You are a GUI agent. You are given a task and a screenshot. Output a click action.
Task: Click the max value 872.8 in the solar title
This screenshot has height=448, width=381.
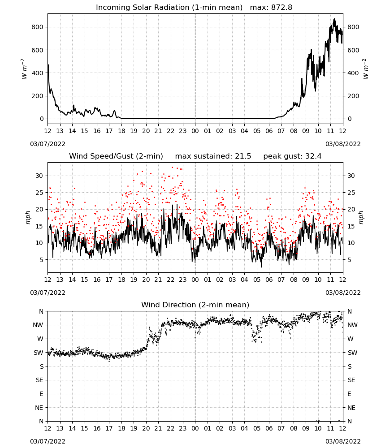click(x=281, y=8)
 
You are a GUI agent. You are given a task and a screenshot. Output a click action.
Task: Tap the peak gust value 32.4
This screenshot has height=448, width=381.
click(x=314, y=156)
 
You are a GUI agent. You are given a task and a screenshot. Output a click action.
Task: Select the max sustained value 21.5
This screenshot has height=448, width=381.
click(x=243, y=156)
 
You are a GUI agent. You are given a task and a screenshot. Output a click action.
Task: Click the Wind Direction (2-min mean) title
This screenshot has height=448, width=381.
click(x=195, y=305)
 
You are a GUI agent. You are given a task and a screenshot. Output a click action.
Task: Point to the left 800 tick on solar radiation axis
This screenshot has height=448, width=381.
click(x=38, y=27)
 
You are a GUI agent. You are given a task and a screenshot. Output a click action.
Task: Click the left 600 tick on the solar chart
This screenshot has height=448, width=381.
click(x=38, y=50)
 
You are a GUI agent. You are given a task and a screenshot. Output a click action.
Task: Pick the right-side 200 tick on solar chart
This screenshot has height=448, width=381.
click(x=353, y=96)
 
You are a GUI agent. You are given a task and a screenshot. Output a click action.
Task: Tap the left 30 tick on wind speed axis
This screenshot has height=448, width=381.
click(x=39, y=176)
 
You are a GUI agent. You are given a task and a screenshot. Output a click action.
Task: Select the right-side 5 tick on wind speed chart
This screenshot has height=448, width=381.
click(x=349, y=260)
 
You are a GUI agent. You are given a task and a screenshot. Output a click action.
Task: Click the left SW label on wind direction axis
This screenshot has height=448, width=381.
click(x=38, y=353)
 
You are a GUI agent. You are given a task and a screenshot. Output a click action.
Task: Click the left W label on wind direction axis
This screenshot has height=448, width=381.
click(x=40, y=339)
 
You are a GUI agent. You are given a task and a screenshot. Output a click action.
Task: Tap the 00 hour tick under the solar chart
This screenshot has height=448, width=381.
click(x=195, y=131)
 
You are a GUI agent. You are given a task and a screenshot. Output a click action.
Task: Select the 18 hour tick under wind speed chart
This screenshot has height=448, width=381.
click(x=121, y=280)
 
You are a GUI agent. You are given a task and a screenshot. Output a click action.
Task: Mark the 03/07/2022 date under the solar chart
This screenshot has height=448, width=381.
click(x=48, y=144)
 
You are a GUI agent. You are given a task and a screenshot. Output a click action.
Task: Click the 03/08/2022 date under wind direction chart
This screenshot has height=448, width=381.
click(x=343, y=441)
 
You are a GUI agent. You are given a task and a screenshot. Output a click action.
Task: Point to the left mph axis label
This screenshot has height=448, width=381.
click(x=28, y=217)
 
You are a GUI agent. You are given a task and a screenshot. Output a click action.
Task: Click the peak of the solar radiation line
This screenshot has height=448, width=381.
click(x=335, y=18)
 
